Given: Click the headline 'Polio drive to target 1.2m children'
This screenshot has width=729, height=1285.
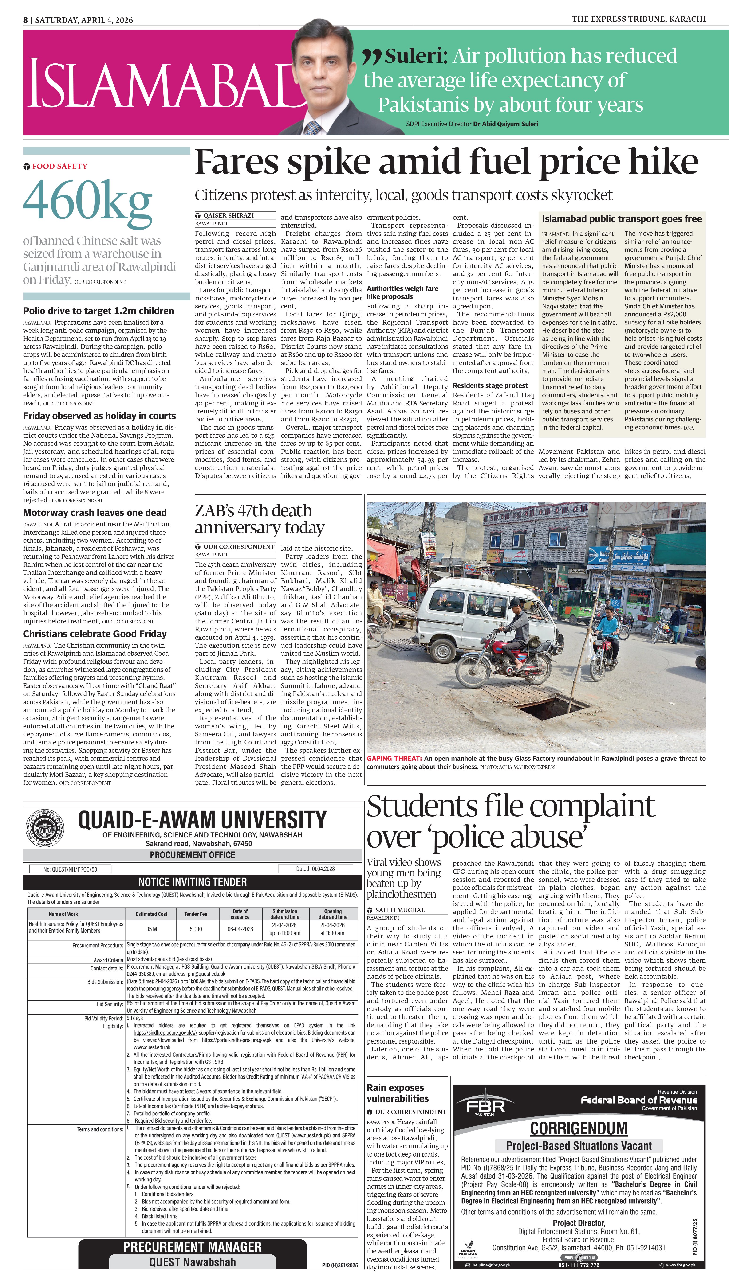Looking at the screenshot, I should [99, 311].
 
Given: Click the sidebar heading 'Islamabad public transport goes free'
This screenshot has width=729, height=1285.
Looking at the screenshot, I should [622, 218].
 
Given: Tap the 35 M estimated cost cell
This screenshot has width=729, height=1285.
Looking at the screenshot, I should [152, 929].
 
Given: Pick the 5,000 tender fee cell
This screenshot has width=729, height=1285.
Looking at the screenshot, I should [196, 929].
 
